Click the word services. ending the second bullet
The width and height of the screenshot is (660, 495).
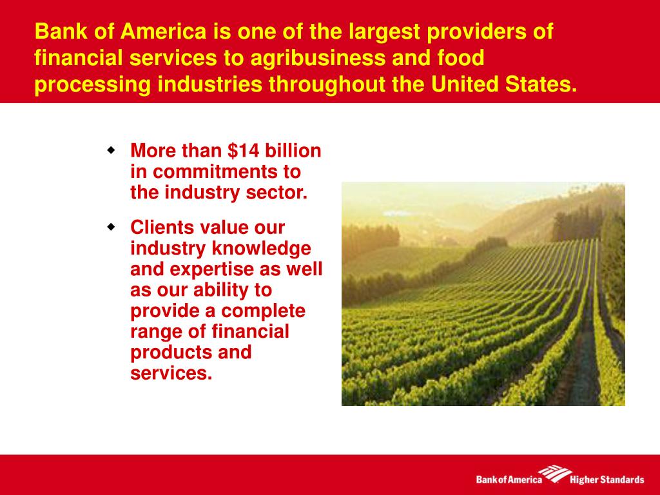(x=171, y=373)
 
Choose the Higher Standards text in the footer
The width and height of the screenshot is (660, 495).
(x=607, y=480)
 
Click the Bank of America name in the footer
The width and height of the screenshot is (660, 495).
(x=509, y=480)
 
